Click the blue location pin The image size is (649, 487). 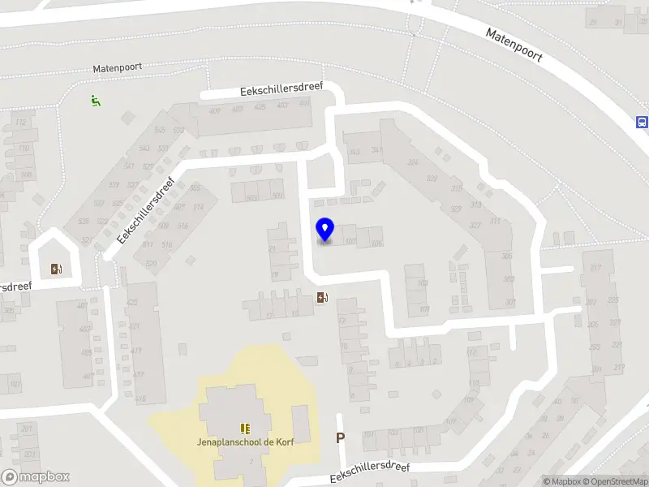324,230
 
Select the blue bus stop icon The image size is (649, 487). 642,122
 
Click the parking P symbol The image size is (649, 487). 341,437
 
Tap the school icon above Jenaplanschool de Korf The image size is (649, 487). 244,428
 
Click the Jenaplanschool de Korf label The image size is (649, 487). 244,442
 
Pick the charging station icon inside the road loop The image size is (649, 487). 55,269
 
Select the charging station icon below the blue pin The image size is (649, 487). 322,297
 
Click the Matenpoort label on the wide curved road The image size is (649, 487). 514,46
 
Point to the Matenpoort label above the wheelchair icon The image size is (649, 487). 117,70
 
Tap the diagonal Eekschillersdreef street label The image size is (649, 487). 147,211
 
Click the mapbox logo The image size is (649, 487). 36,476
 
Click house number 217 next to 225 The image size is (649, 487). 596,269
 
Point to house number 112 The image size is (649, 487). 21,123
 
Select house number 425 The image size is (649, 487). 132,303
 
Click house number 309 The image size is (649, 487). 508,278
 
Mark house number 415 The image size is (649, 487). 140,398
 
